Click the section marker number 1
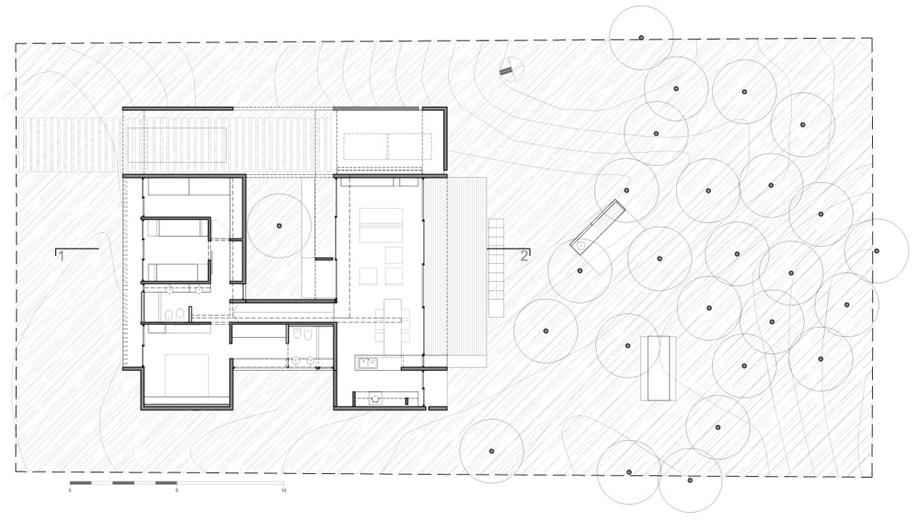[61, 257]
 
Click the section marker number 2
[524, 256]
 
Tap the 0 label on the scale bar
[70, 491]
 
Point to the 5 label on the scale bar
[177, 491]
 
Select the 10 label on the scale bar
[284, 491]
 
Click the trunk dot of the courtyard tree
[279, 225]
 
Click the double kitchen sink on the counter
[368, 363]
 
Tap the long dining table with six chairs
[392, 326]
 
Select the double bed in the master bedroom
[187, 375]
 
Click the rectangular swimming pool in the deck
[177, 144]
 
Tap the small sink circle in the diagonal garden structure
[581, 245]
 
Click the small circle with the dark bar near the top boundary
[512, 69]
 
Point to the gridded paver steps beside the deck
[496, 267]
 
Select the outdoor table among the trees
[658, 368]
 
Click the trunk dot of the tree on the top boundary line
[641, 37]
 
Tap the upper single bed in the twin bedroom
[177, 228]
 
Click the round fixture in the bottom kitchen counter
[375, 398]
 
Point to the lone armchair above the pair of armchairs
[394, 255]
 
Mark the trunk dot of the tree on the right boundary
[877, 251]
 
